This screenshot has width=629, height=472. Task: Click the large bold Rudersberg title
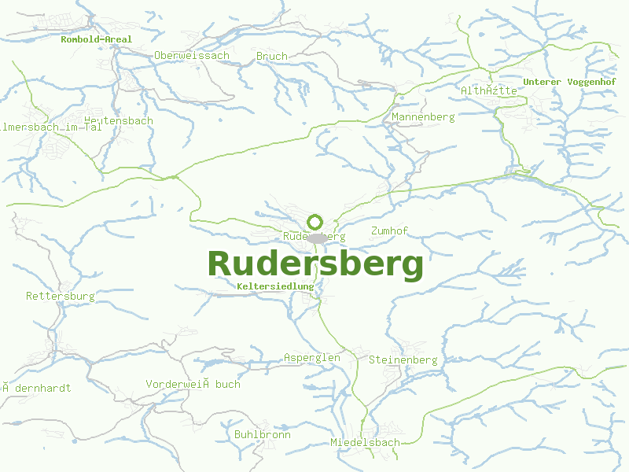pos(314,264)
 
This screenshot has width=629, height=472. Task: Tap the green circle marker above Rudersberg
pos(315,222)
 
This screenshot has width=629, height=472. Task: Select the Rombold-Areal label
pos(97,39)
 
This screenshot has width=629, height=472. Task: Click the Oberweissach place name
pos(192,55)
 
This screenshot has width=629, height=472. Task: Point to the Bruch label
pos(272,56)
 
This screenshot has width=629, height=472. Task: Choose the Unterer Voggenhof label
pos(569,81)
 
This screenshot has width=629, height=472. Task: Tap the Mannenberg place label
pos(423,116)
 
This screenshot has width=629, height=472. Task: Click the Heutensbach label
pos(118,120)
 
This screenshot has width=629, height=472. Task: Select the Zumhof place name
pos(389,230)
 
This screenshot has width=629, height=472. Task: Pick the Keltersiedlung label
pos(275,286)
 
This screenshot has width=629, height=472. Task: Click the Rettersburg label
pos(61,296)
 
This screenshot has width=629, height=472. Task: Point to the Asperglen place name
pos(312,357)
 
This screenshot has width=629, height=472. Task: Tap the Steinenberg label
pos(403,360)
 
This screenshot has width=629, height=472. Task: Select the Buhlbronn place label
pos(263,434)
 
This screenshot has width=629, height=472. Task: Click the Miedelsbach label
pos(365,442)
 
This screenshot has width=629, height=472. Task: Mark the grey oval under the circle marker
pos(317,238)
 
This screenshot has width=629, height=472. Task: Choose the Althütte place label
pos(489,90)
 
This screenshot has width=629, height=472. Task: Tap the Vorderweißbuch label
pos(193,384)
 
